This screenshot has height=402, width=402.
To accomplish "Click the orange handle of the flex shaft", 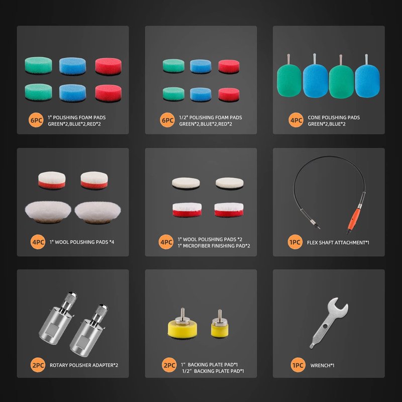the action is [x=354, y=219].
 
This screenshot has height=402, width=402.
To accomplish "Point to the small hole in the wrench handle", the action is [x=325, y=326].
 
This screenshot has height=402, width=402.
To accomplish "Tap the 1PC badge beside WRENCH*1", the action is [x=298, y=365].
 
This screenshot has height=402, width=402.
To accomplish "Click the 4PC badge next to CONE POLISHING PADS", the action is [x=296, y=120].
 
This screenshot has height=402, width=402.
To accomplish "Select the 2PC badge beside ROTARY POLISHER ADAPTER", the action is [x=38, y=365].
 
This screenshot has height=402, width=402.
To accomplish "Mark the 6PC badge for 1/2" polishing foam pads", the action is [x=167, y=120].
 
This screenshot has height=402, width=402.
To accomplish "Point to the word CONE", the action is [x=314, y=118].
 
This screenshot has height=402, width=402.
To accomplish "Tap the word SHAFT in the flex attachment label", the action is [x=326, y=243].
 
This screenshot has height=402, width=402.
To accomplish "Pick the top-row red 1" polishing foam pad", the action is [x=108, y=66].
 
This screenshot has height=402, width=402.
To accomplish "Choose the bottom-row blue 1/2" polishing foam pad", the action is [x=200, y=94].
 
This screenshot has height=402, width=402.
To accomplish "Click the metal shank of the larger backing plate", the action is [x=182, y=313].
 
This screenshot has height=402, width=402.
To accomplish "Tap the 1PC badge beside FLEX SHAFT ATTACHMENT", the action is [x=295, y=242].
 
